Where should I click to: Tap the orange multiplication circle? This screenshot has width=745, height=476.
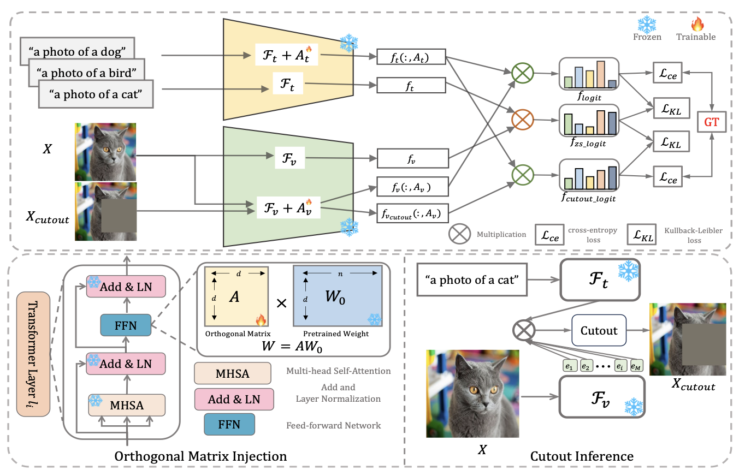[521, 120]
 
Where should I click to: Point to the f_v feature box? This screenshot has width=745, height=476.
[412, 159]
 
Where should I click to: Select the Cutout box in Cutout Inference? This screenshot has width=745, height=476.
[598, 330]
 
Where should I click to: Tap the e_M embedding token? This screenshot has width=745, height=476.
[636, 365]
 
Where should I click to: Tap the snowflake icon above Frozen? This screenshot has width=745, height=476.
[647, 24]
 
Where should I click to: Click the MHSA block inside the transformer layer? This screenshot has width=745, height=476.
[126, 406]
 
